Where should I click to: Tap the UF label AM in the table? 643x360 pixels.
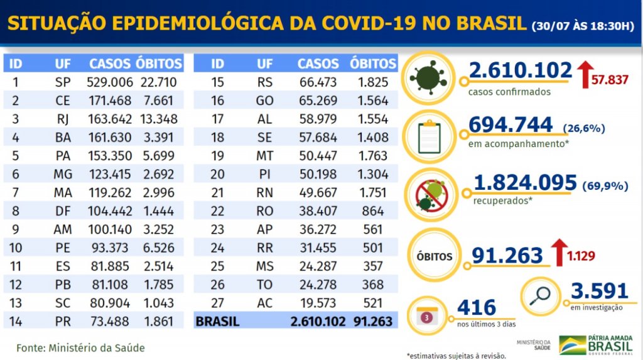[63, 230]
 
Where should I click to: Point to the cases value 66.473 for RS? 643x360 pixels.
[318, 82]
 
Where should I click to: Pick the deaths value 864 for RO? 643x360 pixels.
[372, 211]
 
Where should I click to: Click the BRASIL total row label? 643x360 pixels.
[218, 322]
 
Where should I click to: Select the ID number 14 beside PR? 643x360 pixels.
[16, 322]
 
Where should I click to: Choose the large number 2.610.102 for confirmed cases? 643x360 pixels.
[520, 71]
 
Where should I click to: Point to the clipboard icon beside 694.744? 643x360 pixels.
[430, 136]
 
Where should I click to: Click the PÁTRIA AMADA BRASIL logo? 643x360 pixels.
[597, 345]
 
